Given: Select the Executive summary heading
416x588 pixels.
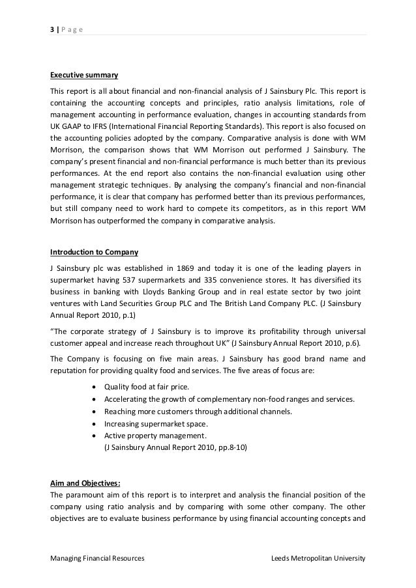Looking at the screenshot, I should point(80,75).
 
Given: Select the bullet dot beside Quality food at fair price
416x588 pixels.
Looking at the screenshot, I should point(97,387).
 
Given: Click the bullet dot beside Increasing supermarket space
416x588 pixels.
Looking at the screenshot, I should point(97,424).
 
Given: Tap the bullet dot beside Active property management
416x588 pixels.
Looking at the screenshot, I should point(97,436).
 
